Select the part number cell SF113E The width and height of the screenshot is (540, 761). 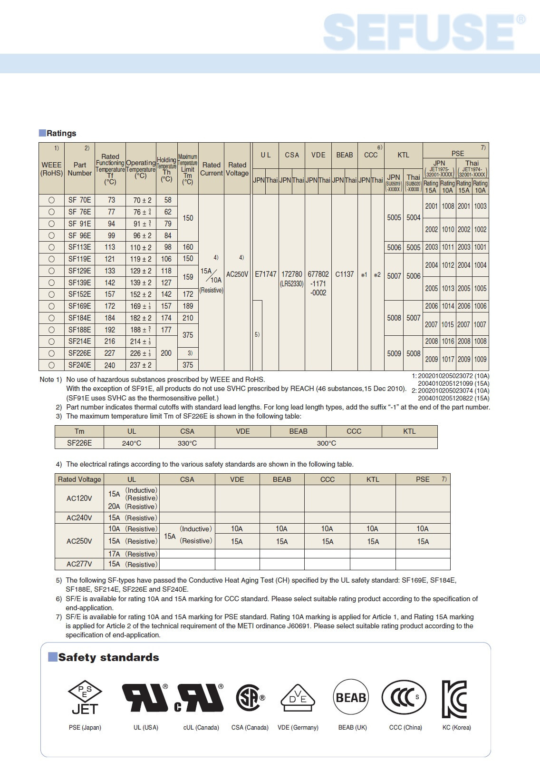[79, 247]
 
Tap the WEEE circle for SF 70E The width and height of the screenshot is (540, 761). [51, 200]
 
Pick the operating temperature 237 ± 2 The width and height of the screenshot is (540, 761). [141, 365]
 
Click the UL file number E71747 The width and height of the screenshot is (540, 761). [265, 274]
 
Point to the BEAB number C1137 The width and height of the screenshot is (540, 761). [344, 274]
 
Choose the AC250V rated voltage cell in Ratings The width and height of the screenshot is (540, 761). [237, 274]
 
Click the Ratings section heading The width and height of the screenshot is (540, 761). [61, 133]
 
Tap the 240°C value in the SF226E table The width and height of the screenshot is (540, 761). [132, 443]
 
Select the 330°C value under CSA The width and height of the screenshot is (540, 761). [187, 443]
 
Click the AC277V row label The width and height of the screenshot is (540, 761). [79, 564]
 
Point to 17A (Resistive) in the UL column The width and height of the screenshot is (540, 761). [132, 554]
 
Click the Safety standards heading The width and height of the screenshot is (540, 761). [108, 657]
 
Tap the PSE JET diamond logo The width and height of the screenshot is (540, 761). [85, 697]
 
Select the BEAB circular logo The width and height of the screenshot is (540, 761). [351, 697]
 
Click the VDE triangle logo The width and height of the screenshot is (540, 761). [298, 698]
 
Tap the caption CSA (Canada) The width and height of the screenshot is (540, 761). [250, 727]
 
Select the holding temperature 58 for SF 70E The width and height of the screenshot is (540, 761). [167, 200]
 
